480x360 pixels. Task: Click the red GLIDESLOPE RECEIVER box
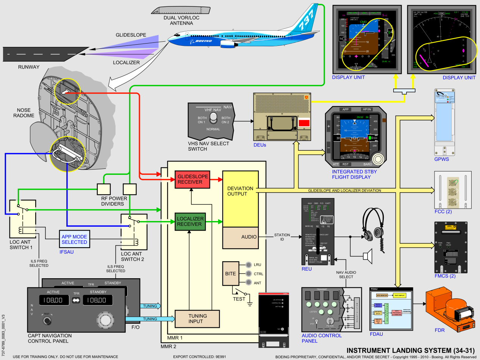coord(192,179)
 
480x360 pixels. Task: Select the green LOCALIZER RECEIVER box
coord(190,221)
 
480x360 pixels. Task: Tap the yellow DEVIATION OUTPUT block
coord(240,191)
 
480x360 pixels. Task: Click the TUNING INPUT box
coord(197,319)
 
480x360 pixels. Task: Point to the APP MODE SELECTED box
coord(74,239)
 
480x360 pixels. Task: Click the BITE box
coord(230,274)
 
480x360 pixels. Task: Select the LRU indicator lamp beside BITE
coord(249,265)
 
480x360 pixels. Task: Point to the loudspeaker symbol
coord(368,256)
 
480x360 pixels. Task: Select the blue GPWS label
coord(442,159)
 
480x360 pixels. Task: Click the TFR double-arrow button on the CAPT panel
coord(76,300)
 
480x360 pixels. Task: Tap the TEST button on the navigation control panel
coord(47,320)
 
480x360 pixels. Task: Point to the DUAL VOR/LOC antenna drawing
coord(178,9)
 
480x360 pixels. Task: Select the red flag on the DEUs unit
coord(304,123)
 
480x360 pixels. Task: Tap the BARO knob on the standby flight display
coord(377,158)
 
